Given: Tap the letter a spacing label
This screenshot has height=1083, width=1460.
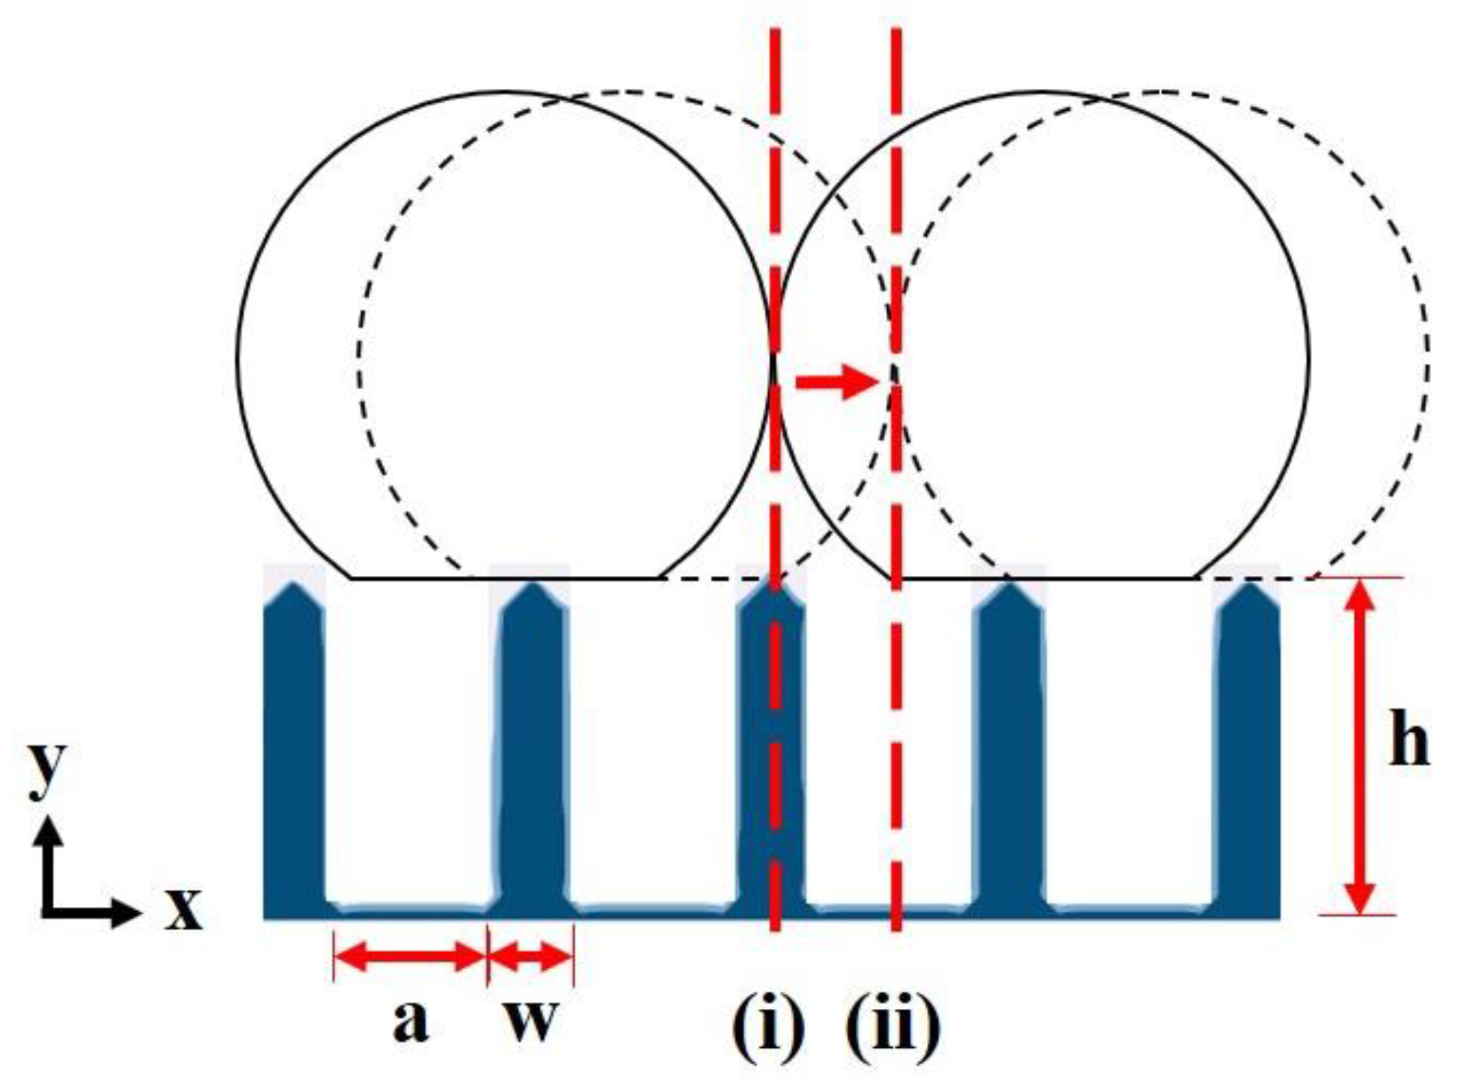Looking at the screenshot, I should pos(410,1020).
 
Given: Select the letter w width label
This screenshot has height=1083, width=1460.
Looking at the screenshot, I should pos(531,1020).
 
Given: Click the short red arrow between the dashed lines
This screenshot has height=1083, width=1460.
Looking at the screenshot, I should pos(836,382).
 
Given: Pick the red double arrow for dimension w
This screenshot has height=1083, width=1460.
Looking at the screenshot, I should pos(530,956).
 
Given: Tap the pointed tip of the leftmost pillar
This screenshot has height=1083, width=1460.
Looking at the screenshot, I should pos(295,586).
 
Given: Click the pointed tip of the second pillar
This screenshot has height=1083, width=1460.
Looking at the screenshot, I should pos(533,586).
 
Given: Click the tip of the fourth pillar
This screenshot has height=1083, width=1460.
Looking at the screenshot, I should pos(1010,586).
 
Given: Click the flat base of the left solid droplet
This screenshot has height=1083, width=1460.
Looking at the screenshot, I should pos(506,577).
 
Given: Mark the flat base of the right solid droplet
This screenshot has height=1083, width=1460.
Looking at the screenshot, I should pos(1046,577).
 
